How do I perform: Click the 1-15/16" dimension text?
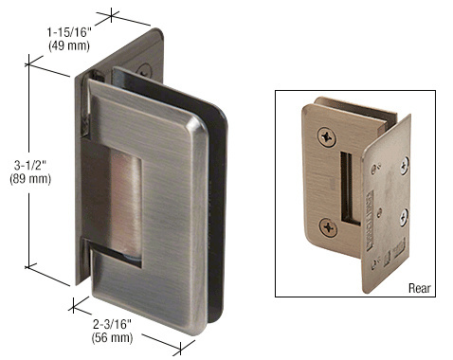(x=69, y=32)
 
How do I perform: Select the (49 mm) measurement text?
(x=69, y=45)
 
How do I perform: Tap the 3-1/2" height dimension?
(x=30, y=165)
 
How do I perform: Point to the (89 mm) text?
(x=30, y=179)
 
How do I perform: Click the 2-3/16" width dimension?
(x=112, y=324)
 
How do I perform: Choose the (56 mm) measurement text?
(x=112, y=338)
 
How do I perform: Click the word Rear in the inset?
(x=420, y=288)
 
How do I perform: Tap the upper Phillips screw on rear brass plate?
(x=327, y=137)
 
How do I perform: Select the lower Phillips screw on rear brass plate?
(x=328, y=227)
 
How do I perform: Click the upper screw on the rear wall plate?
(x=405, y=166)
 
